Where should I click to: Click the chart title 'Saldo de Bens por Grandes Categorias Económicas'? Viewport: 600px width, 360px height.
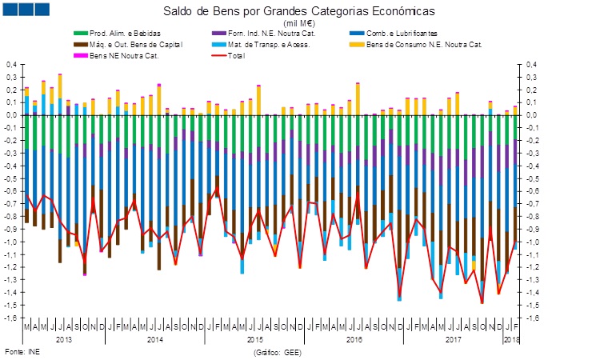(x=299, y=13)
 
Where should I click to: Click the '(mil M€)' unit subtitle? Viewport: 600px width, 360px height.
(x=299, y=24)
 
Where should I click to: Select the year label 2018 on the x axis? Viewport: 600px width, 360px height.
(x=510, y=340)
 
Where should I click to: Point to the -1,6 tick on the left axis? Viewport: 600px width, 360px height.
(x=11, y=318)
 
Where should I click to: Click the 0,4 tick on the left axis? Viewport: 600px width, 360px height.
(x=12, y=64)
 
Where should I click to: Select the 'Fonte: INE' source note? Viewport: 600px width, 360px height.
(x=22, y=351)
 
